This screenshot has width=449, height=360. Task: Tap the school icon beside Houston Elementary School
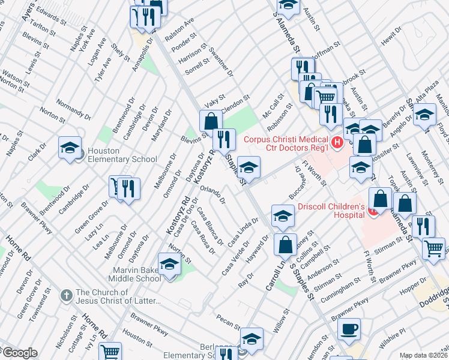tap(70, 148)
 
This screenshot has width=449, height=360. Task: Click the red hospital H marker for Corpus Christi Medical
tap(337, 142)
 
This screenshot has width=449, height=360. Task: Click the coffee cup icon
tap(348, 329)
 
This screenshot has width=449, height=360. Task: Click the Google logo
tap(19, 352)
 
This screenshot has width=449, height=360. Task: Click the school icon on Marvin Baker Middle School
tap(169, 264)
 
